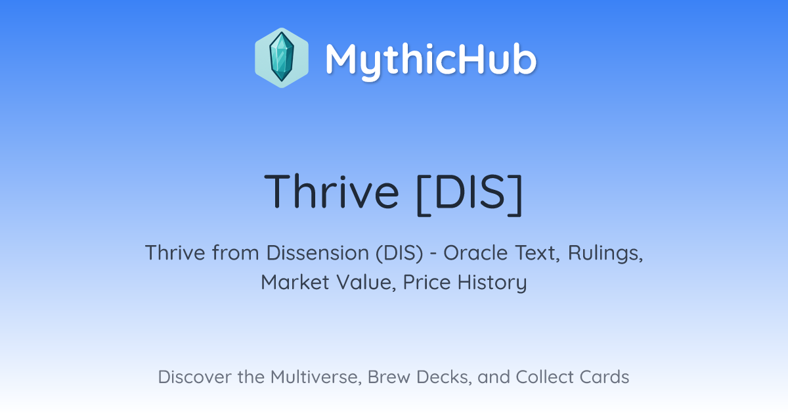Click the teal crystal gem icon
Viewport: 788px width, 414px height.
click(282, 57)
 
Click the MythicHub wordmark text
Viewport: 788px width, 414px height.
click(431, 60)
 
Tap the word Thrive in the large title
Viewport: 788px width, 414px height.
click(332, 191)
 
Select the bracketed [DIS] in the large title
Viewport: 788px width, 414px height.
click(470, 194)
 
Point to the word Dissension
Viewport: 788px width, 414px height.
click(317, 252)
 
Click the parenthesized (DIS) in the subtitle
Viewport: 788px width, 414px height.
click(399, 253)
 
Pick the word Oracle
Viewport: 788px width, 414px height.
click(475, 252)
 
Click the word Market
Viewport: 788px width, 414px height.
click(295, 282)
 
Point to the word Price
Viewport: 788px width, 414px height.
click(427, 282)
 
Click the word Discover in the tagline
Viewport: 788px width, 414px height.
click(194, 377)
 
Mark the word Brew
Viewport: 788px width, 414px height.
click(389, 377)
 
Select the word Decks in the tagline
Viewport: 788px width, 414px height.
click(444, 377)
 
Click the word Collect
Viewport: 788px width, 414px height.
click(544, 377)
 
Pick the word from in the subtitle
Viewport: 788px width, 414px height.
click(235, 252)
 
